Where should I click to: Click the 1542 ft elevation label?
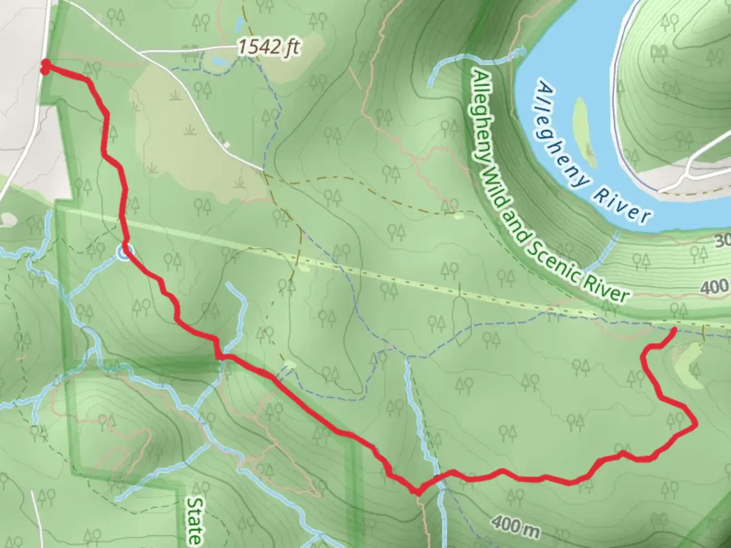coord(269,47)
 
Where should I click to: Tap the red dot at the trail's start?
coord(45,66)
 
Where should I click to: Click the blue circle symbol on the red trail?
coord(125,251)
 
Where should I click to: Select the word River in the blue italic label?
coord(623,205)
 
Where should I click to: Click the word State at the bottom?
coord(194,520)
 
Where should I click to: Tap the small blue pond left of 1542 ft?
coord(219,61)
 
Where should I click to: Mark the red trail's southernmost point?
coord(417,492)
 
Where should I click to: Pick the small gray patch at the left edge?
coord(9,219)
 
